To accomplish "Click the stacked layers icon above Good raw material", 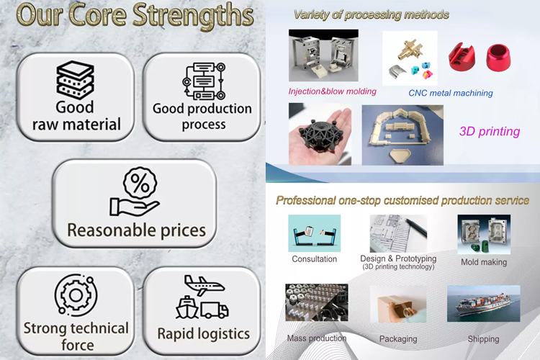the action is click(x=75, y=80).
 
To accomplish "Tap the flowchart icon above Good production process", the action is click(x=204, y=81).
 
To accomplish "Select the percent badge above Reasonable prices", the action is click(x=140, y=183).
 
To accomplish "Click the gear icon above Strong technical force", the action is click(x=76, y=294).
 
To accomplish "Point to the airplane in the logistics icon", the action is click(x=204, y=285).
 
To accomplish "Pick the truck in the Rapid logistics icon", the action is click(x=215, y=310).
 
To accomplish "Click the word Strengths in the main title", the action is click(x=193, y=16).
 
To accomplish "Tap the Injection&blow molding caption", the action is click(x=333, y=91).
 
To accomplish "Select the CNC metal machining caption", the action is click(x=451, y=93).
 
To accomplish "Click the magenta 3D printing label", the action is click(x=490, y=131).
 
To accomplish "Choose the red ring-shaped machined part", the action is click(x=498, y=57).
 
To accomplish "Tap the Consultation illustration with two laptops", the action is click(x=314, y=233).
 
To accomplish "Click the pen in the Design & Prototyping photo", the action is click(x=415, y=227).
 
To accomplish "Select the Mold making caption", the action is click(x=484, y=262).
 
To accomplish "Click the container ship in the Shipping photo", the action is click(x=484, y=304).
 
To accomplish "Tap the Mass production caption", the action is click(x=317, y=338).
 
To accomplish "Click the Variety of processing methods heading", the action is click(x=372, y=14).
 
